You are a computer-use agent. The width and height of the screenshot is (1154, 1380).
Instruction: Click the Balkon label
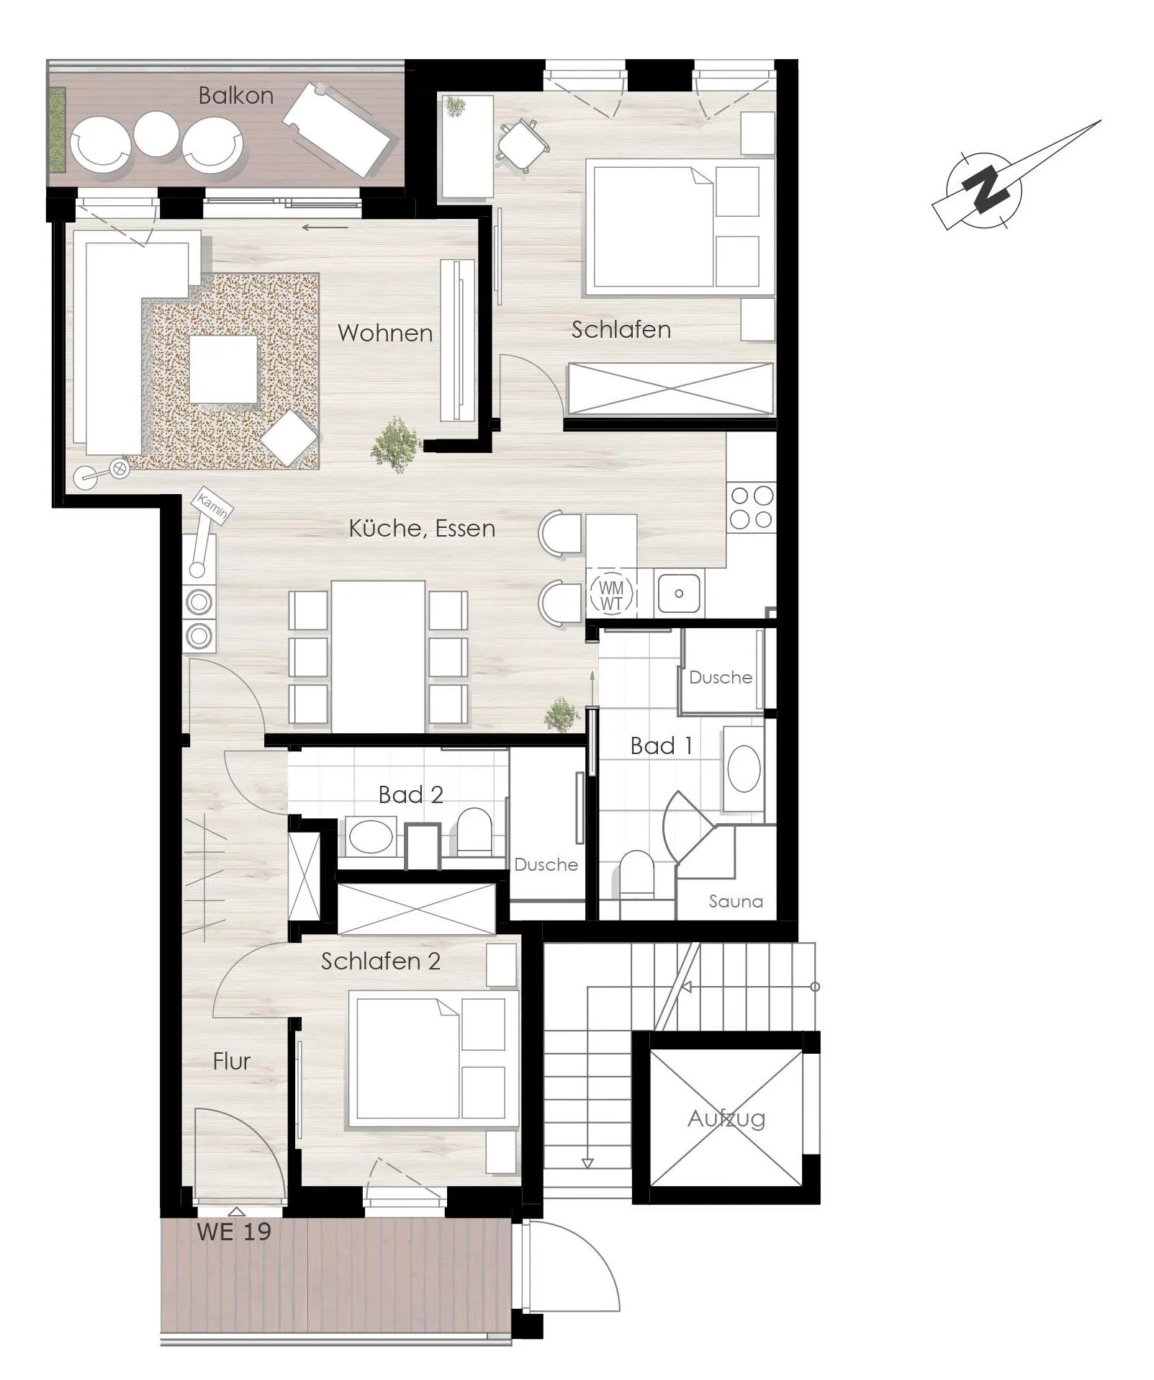click(x=235, y=96)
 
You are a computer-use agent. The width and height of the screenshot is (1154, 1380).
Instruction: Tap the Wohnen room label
click(x=385, y=333)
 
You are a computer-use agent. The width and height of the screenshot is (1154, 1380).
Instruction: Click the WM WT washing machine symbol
click(x=611, y=596)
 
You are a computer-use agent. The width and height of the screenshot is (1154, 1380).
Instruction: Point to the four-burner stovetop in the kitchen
click(x=752, y=507)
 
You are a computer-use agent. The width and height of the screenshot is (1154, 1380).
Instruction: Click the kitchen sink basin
click(x=678, y=593)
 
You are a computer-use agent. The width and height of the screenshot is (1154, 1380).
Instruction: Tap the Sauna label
click(x=735, y=901)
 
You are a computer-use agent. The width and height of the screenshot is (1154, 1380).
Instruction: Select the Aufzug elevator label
click(x=726, y=1118)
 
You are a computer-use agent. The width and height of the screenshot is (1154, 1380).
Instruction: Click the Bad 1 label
click(x=661, y=745)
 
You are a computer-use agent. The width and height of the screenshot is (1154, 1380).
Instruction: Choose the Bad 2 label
click(x=410, y=794)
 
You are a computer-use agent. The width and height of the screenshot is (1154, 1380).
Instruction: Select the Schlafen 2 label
click(x=380, y=961)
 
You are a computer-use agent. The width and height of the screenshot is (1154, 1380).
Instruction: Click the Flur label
click(x=231, y=1061)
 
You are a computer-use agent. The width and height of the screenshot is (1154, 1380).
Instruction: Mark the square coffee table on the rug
click(x=224, y=369)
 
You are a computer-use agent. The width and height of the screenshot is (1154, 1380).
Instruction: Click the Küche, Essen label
click(x=422, y=529)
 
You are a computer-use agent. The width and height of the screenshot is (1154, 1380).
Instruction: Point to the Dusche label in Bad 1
click(x=720, y=677)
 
